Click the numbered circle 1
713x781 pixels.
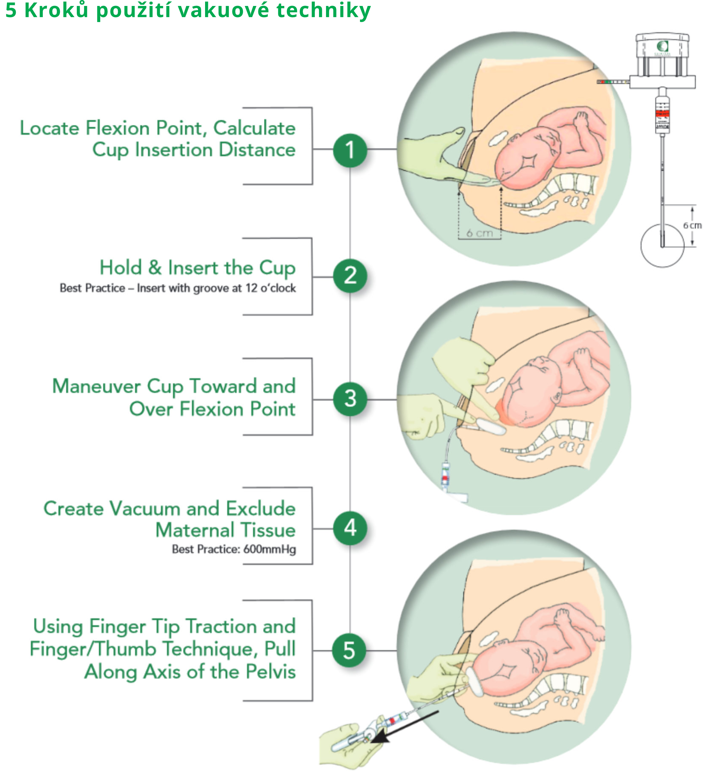350,150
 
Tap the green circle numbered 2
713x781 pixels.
350,276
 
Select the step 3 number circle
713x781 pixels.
350,399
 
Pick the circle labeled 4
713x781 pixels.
350,528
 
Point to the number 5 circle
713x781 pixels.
349,650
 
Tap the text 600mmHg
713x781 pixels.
270,550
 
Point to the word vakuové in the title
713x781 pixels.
234,10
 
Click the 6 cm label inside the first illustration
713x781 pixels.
480,233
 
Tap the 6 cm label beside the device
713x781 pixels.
692,226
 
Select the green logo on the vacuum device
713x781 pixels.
663,47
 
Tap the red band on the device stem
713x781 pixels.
662,113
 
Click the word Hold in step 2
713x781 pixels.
121,268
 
